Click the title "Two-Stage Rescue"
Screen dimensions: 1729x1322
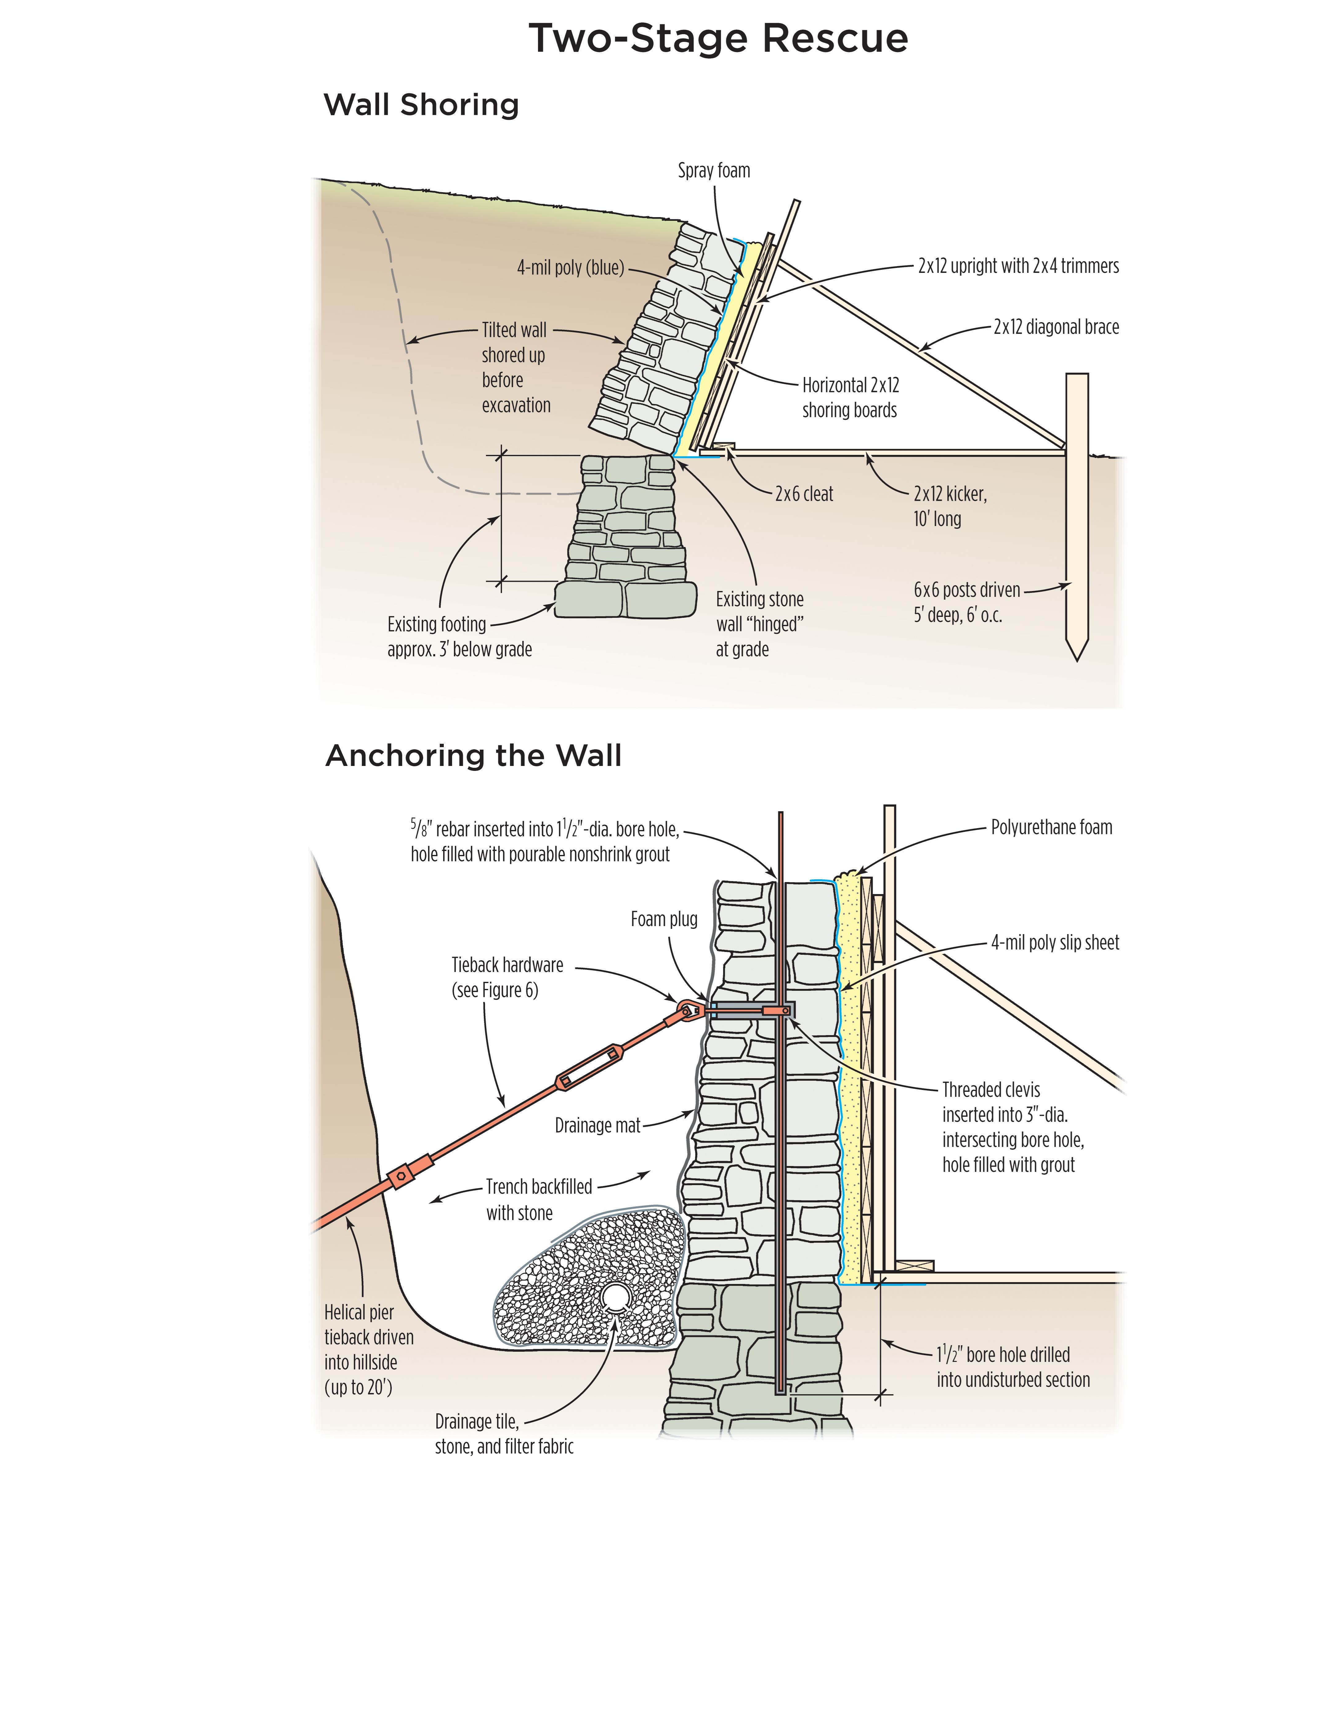tap(718, 38)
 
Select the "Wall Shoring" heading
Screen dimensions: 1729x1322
tap(421, 105)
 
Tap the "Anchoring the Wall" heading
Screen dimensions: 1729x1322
tap(473, 755)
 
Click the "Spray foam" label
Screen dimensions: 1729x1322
tap(714, 171)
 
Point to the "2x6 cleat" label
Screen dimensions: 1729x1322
tap(803, 494)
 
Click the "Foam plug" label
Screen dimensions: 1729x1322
tap(663, 919)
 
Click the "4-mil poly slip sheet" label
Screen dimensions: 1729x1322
tap(1054, 943)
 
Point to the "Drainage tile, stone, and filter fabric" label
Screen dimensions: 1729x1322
tap(503, 1434)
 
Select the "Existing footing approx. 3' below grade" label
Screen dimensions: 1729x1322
tap(459, 637)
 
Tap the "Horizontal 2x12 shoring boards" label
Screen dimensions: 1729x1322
tap(850, 397)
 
